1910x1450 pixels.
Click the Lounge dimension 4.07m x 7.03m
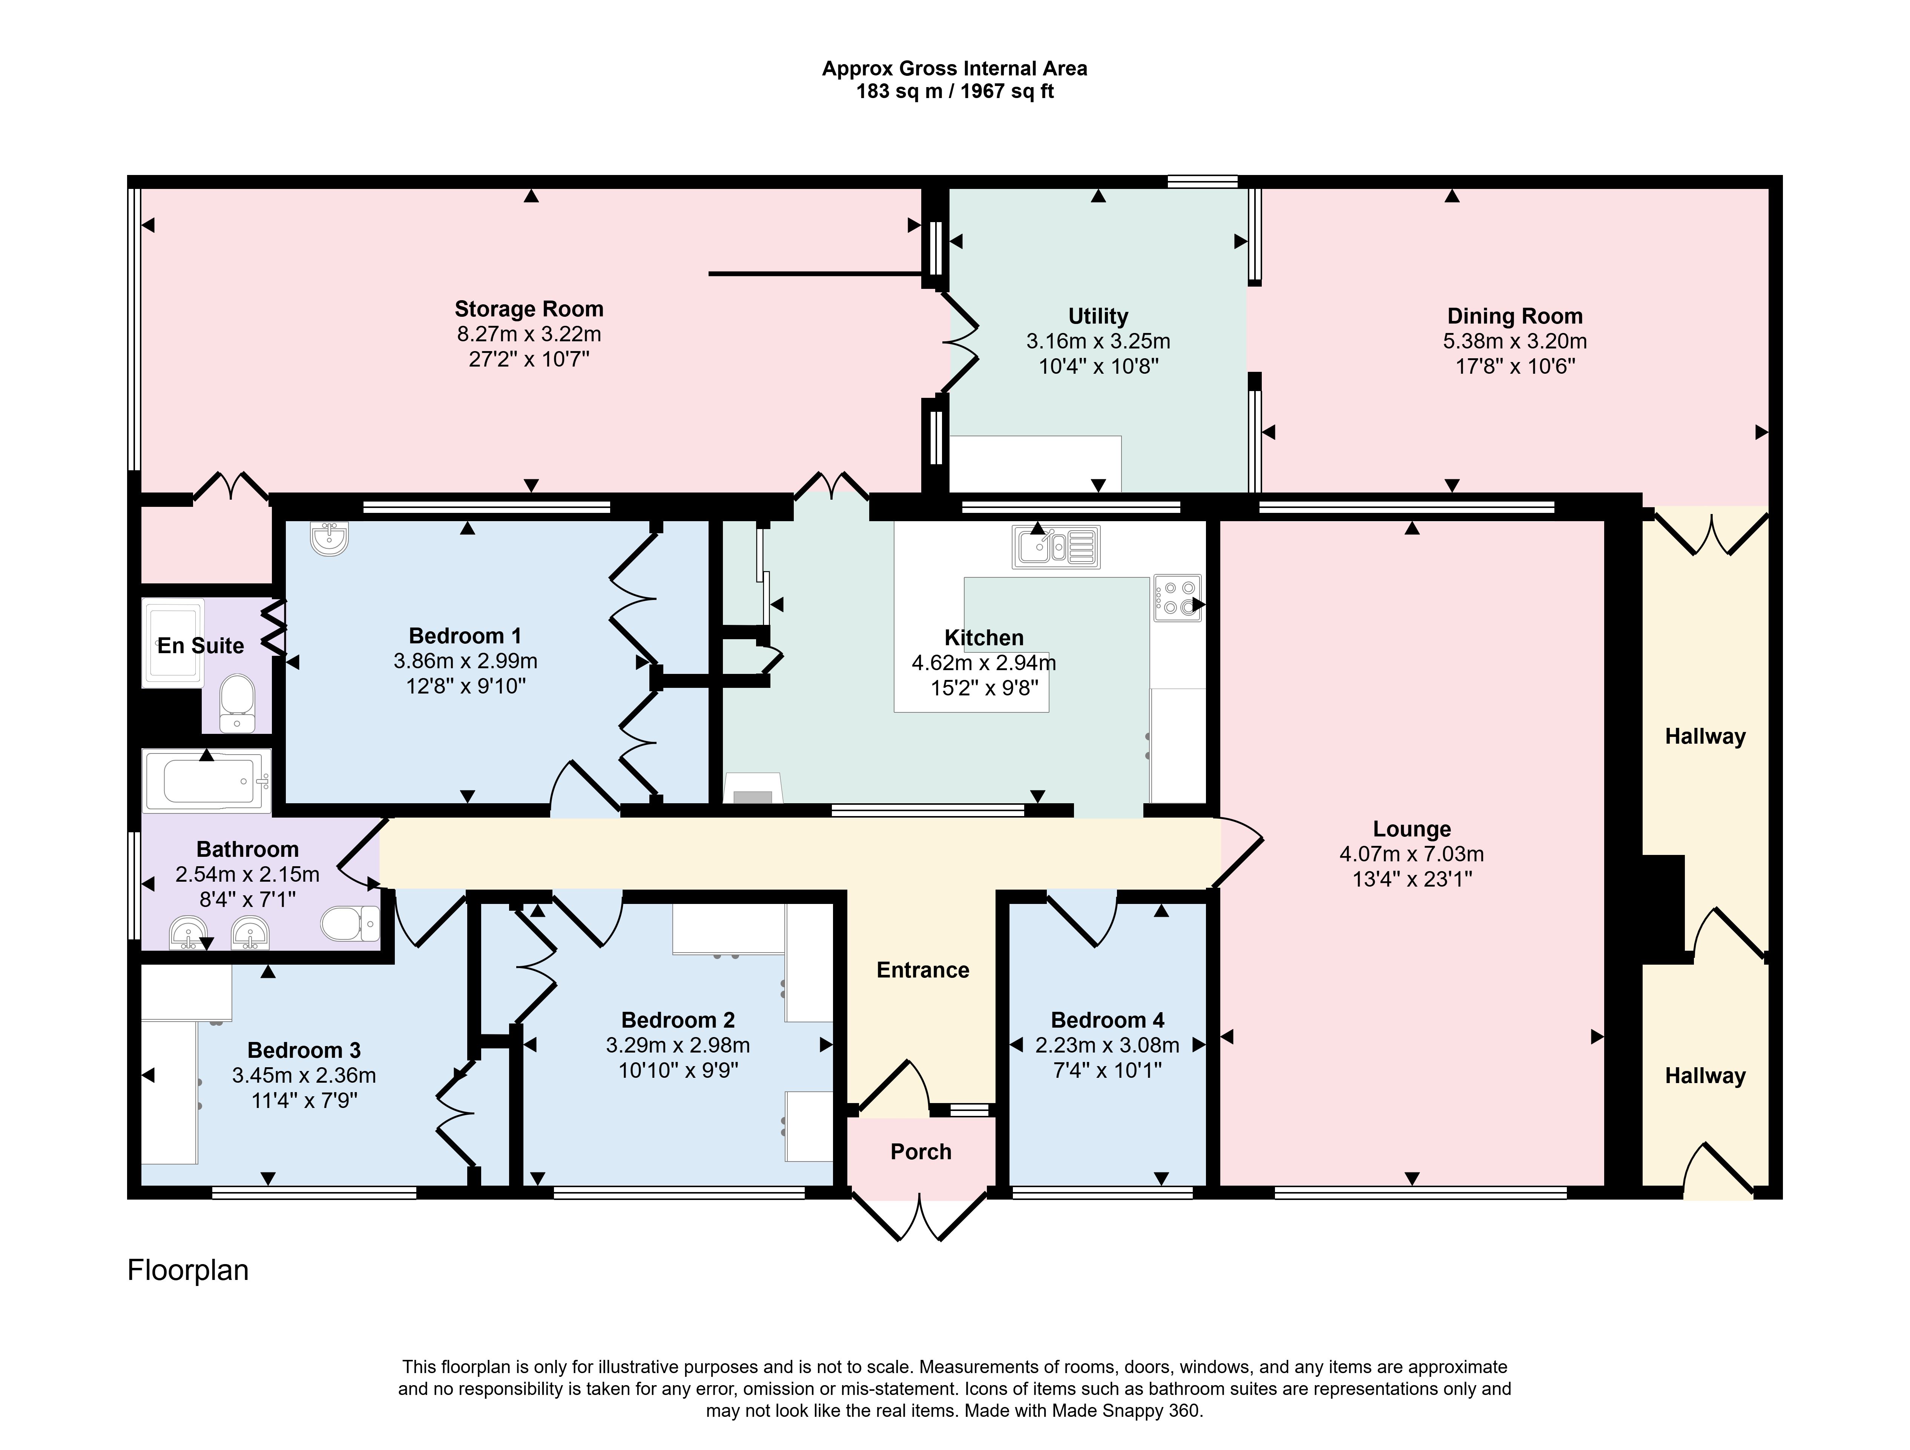(x=1412, y=854)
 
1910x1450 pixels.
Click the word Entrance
(x=922, y=970)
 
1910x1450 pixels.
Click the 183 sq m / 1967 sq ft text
(x=954, y=92)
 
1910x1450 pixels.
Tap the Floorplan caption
(x=188, y=1270)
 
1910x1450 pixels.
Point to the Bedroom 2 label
(x=678, y=1020)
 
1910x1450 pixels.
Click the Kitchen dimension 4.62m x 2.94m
(x=983, y=663)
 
